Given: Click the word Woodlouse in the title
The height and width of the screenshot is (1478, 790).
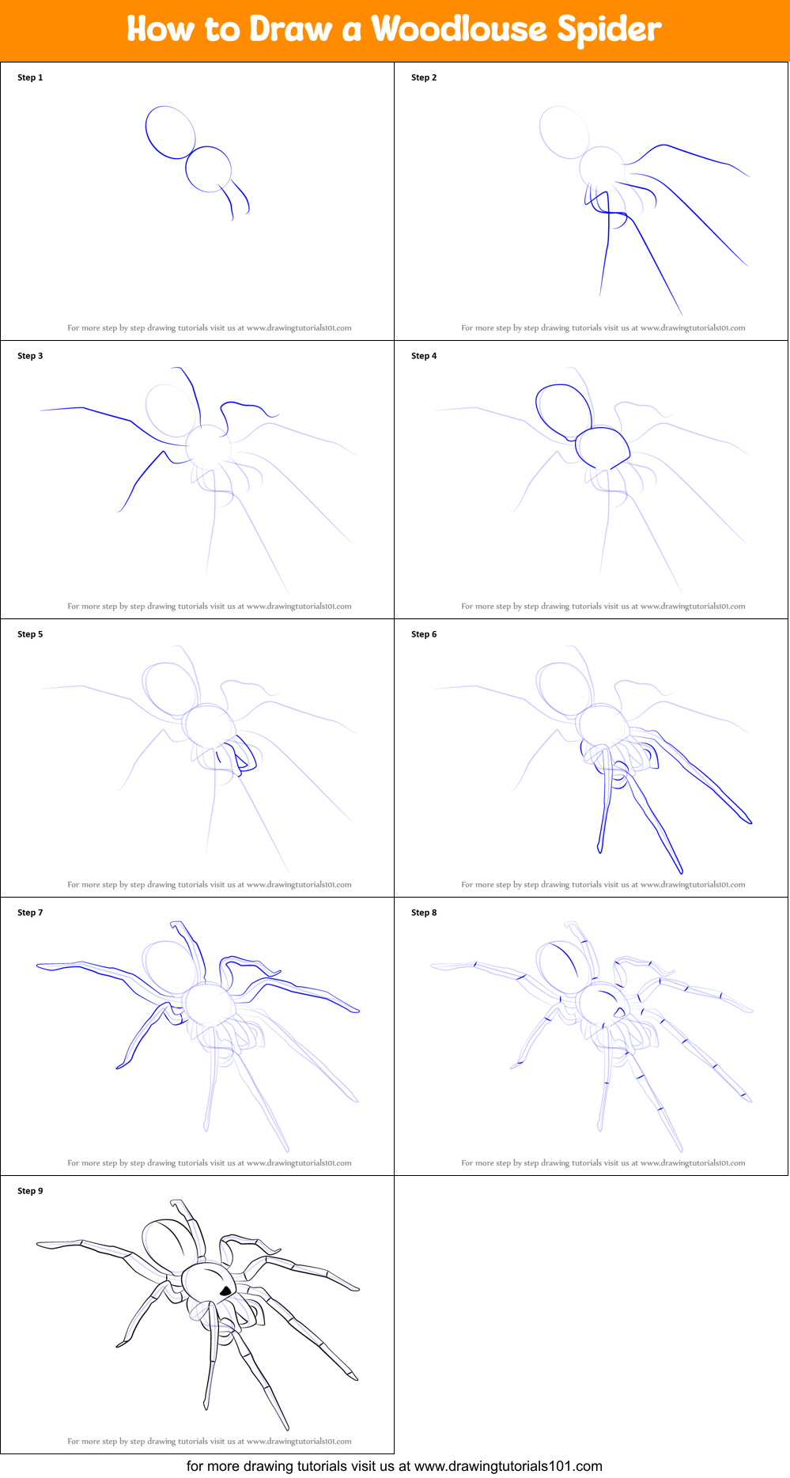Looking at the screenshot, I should point(459,29).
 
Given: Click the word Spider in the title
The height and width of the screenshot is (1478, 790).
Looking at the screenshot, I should point(609,29).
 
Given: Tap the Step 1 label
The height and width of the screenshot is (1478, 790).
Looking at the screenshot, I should point(30,77).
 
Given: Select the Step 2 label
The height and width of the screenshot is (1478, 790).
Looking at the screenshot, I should point(424,77).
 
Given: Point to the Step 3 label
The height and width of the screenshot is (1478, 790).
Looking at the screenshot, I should point(30,356).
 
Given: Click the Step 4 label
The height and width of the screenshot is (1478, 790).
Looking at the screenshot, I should point(424,356).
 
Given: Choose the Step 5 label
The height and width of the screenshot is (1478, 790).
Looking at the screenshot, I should point(30,634).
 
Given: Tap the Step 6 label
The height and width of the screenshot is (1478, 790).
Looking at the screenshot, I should point(424,634).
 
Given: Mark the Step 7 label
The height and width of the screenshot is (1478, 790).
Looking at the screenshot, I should point(30,913).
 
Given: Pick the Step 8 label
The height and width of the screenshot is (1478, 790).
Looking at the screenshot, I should point(424,913).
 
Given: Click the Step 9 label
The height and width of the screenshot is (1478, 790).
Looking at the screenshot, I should point(30,1191).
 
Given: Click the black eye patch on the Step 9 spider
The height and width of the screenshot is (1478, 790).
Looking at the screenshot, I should point(225,1291).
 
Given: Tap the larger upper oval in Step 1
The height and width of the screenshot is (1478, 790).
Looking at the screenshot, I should point(170,132).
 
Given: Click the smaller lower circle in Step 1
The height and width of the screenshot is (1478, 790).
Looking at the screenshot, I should point(209,169).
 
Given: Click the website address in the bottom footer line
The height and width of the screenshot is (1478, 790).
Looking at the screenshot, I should point(508,1466).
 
